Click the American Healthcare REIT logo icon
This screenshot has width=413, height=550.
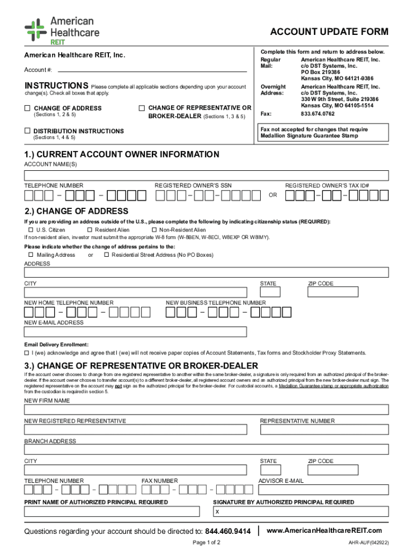pyautogui.click(x=35, y=30)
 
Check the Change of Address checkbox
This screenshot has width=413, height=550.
pyautogui.click(x=27, y=108)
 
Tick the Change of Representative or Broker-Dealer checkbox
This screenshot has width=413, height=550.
pyautogui.click(x=142, y=108)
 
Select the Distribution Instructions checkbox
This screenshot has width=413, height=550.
pyautogui.click(x=27, y=131)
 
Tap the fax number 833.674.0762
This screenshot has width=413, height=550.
pyautogui.click(x=318, y=114)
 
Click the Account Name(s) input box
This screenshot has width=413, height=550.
pyautogui.click(x=206, y=176)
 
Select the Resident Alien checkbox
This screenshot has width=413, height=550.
pyautogui.click(x=90, y=230)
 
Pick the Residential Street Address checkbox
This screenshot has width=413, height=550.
pyautogui.click(x=107, y=255)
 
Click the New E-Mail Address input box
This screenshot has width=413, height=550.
pyautogui.click(x=136, y=332)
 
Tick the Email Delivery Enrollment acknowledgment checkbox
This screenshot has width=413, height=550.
pyautogui.click(x=27, y=353)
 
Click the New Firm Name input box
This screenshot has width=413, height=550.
pyautogui.click(x=206, y=410)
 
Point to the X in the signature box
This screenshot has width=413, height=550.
pyautogui.click(x=217, y=512)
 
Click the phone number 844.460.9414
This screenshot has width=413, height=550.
pyautogui.click(x=228, y=531)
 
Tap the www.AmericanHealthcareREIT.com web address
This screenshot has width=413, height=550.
pyautogui.click(x=324, y=530)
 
